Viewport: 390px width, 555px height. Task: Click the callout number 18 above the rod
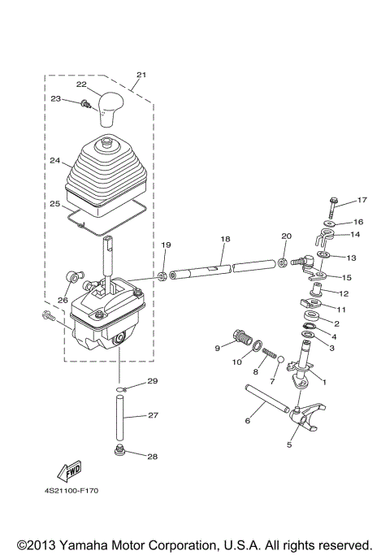click(225, 239)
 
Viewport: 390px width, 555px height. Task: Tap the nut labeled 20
click(282, 262)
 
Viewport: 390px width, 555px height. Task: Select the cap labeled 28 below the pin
click(120, 451)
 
